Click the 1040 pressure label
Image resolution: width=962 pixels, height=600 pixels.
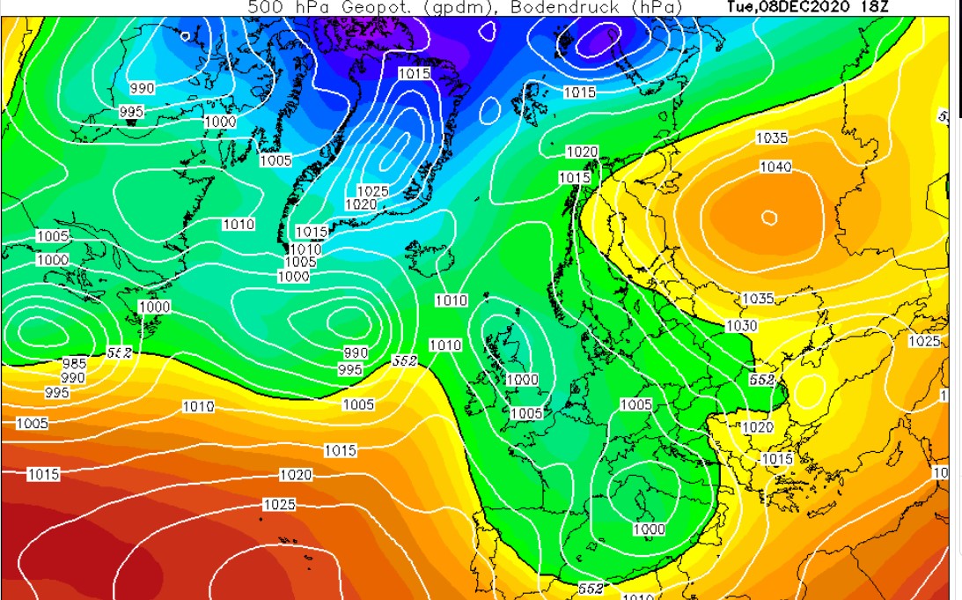(775, 167)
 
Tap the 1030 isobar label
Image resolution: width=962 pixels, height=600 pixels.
(741, 326)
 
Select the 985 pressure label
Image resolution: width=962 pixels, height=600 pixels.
(74, 364)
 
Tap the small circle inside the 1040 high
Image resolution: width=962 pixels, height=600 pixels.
(769, 218)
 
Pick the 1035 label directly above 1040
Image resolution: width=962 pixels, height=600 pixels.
(772, 138)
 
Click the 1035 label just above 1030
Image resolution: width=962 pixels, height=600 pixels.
(758, 299)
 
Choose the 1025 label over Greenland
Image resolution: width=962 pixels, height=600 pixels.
(372, 191)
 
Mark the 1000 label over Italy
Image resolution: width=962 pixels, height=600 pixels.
(649, 529)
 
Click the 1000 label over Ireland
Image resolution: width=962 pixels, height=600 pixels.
(521, 380)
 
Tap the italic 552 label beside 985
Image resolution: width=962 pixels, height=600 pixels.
(119, 352)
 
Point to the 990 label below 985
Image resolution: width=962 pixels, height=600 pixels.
(72, 378)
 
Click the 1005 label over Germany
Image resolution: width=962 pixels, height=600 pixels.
(636, 404)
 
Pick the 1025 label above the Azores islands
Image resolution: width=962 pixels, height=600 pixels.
(279, 505)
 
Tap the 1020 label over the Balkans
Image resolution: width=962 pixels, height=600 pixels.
(758, 427)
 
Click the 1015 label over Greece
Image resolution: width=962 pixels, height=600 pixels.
(776, 459)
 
